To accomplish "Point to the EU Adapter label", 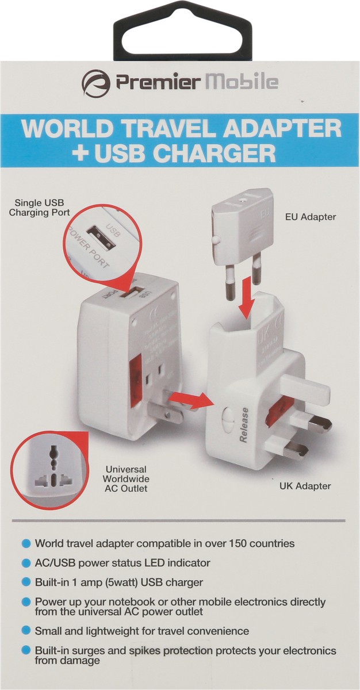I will pyautogui.click(x=311, y=217).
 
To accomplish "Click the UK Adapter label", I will pyautogui.click(x=305, y=486).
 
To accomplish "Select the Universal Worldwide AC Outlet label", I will pyautogui.click(x=127, y=478).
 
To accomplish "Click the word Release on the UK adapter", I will pyautogui.click(x=244, y=425).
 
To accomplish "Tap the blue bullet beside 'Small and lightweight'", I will pyautogui.click(x=26, y=631).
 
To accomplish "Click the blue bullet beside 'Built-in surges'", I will pyautogui.click(x=26, y=650).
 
